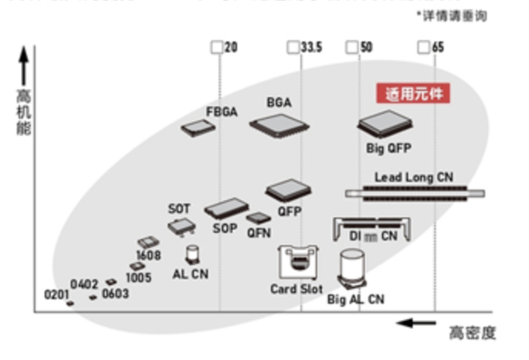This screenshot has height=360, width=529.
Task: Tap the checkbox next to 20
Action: tap(217, 47)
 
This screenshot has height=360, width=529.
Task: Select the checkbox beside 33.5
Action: tap(293, 47)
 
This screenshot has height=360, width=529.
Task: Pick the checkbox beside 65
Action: tap(424, 47)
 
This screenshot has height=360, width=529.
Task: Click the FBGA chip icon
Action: tap(199, 129)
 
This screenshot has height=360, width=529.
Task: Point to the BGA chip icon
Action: tap(279, 125)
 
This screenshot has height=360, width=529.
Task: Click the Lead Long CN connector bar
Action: tap(414, 193)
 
